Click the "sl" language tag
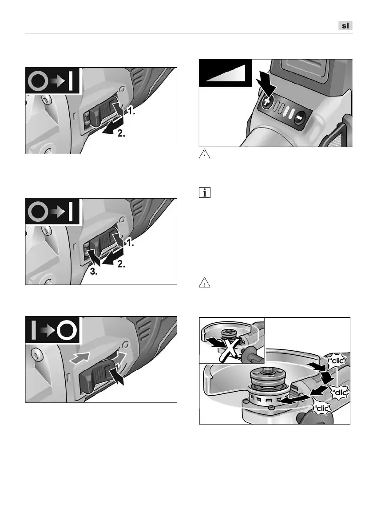[x=345, y=26]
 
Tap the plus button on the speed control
[x=266, y=102]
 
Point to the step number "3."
[x=94, y=272]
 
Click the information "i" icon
[x=205, y=192]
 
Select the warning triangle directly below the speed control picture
[x=205, y=154]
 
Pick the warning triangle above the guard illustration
[x=205, y=282]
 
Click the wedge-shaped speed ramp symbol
[x=226, y=73]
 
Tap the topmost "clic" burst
[x=336, y=361]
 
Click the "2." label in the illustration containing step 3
[x=121, y=264]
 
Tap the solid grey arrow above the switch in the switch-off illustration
[x=79, y=357]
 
